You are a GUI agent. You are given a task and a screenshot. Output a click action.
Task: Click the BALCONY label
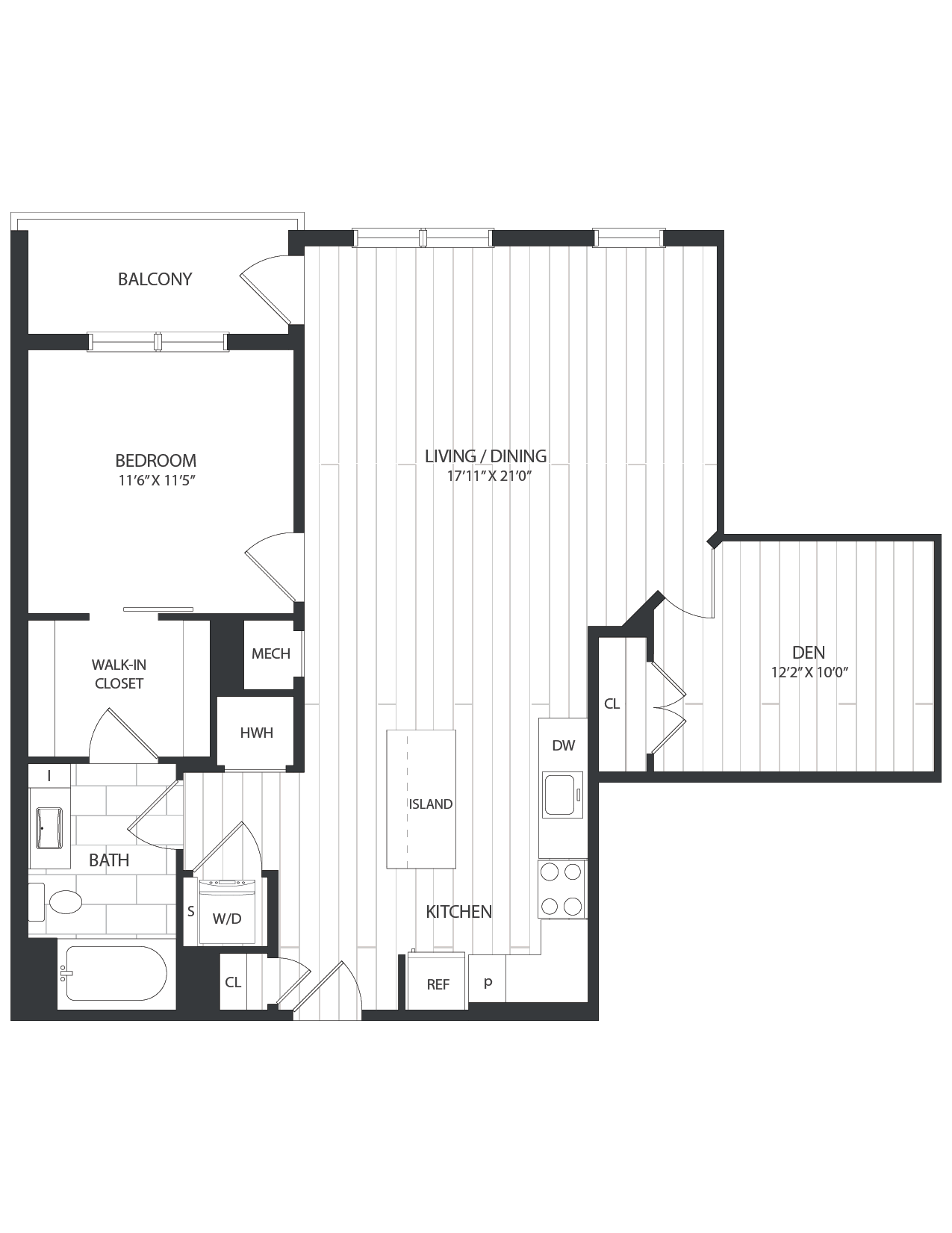(155, 279)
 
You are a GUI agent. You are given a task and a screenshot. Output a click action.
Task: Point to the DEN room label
(809, 653)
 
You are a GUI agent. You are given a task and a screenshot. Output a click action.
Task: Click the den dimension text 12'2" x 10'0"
(810, 672)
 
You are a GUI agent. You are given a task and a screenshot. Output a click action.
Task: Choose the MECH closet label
(270, 654)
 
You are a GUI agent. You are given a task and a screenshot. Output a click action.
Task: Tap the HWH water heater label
(256, 733)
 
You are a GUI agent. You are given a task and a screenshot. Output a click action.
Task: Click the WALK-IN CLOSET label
(118, 674)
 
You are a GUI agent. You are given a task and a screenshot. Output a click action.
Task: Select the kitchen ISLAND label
(431, 804)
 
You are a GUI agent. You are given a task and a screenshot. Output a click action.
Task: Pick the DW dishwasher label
(563, 745)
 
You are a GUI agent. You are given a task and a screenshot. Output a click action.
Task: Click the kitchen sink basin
(561, 795)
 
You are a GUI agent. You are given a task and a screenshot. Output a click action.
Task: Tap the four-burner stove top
(561, 889)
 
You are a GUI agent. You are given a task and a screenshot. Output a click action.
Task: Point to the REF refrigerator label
(438, 984)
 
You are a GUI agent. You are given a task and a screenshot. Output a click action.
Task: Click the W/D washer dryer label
(227, 919)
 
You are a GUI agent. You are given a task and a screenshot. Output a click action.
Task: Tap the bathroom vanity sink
(49, 827)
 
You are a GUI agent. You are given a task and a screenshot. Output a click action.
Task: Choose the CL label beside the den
(612, 704)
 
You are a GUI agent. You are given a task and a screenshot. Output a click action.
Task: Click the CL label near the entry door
(233, 981)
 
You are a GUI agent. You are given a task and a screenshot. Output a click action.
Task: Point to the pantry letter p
(488, 981)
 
